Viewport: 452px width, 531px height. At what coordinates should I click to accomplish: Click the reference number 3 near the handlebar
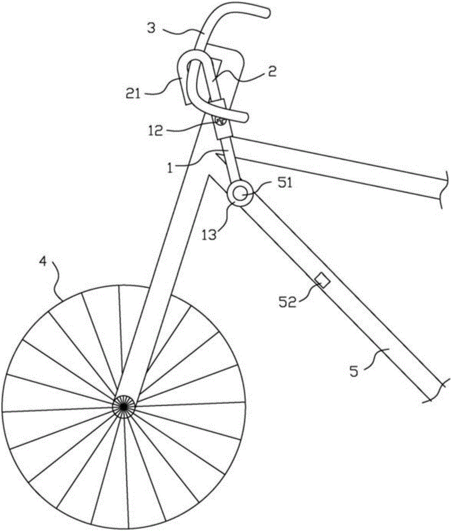[152, 28]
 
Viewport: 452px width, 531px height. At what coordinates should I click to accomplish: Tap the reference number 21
[133, 93]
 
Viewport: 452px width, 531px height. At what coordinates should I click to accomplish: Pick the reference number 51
[284, 183]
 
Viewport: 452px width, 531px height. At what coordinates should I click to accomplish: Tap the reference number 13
[209, 235]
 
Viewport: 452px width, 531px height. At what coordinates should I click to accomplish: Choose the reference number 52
[287, 302]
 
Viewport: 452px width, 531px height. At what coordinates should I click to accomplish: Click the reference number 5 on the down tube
[353, 371]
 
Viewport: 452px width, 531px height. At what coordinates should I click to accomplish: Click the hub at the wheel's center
[124, 406]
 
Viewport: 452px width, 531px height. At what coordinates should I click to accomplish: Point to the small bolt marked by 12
[219, 121]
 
